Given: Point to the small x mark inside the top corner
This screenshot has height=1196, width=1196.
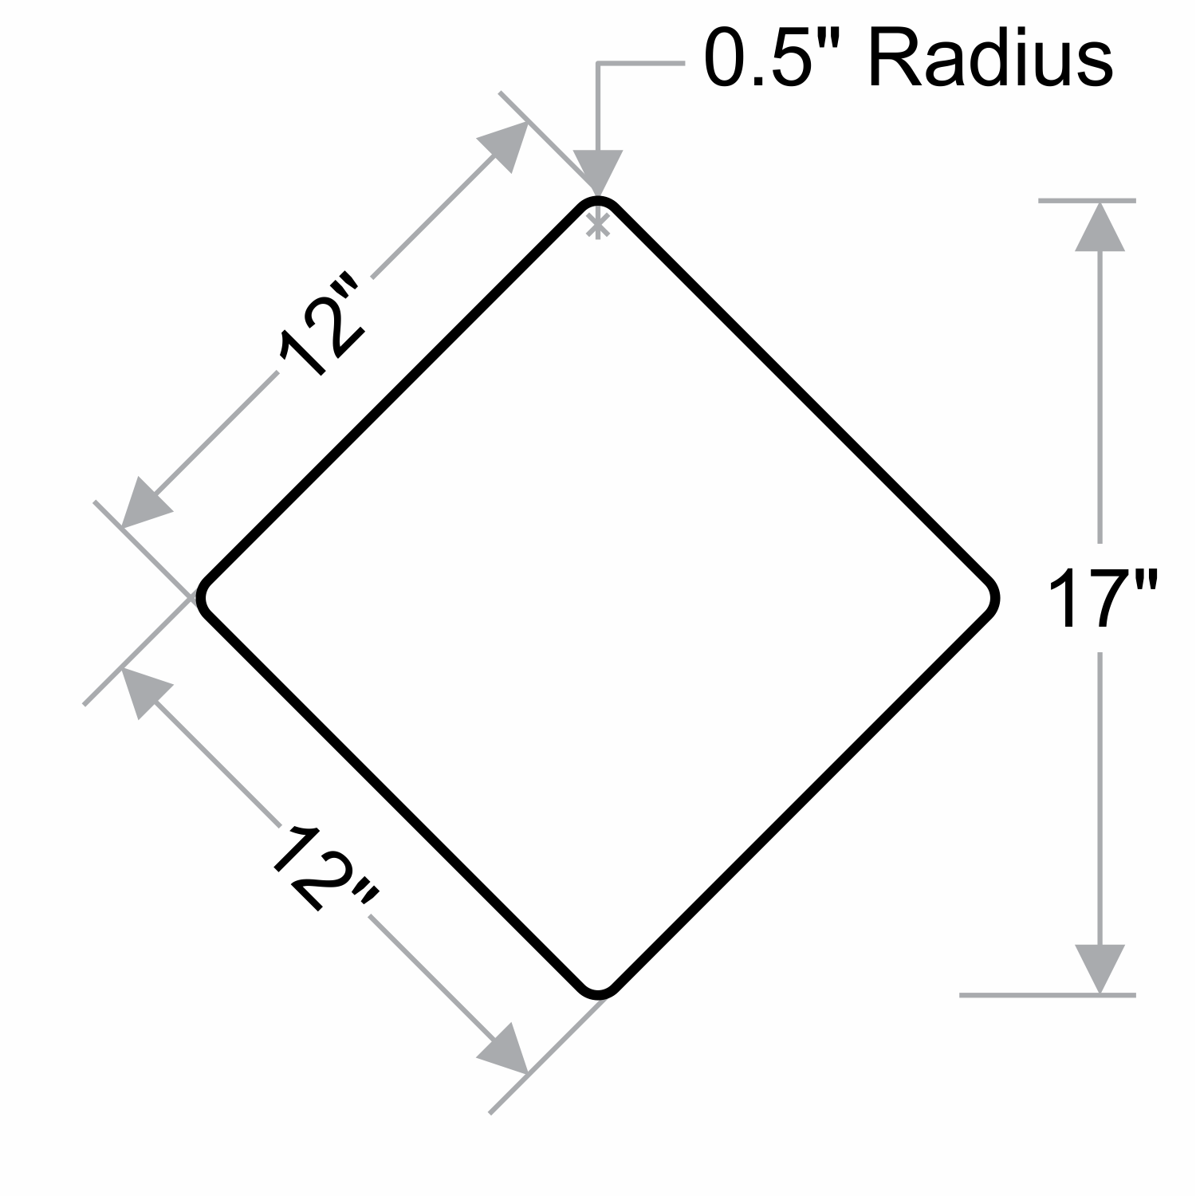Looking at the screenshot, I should [x=597, y=226].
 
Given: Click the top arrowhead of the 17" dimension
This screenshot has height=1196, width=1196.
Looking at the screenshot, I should [x=1100, y=227].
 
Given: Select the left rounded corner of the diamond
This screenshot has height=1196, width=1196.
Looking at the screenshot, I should [x=203, y=597].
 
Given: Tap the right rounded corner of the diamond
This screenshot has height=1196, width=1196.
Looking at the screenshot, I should [x=993, y=597].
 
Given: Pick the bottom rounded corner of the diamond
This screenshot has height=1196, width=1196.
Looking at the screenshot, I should [x=598, y=993].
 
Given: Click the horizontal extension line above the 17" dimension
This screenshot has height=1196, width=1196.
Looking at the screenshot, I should [x=1087, y=201].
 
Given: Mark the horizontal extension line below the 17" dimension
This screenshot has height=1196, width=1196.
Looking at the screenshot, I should [x=1047, y=995].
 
